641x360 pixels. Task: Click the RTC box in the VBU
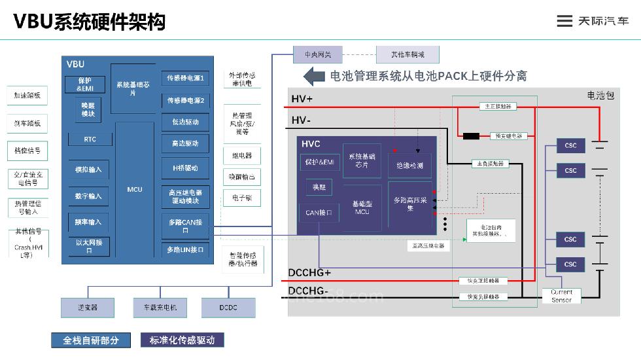coord(90,139)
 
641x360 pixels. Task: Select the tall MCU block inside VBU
coord(135,189)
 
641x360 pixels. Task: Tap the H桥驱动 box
coord(185,168)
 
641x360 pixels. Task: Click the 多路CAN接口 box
coord(185,226)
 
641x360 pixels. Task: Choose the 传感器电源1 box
coord(185,79)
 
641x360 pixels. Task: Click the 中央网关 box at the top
coord(317,54)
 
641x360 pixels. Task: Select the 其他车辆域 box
coord(407,54)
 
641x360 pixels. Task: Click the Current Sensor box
coord(561,296)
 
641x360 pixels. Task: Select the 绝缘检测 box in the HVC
coord(409,166)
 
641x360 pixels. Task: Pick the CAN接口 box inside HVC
coord(319,213)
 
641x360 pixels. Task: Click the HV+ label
coord(302,99)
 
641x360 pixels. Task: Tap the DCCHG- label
coord(309,290)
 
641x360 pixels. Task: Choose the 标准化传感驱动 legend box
coord(182,340)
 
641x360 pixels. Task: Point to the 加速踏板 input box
coord(27,96)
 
